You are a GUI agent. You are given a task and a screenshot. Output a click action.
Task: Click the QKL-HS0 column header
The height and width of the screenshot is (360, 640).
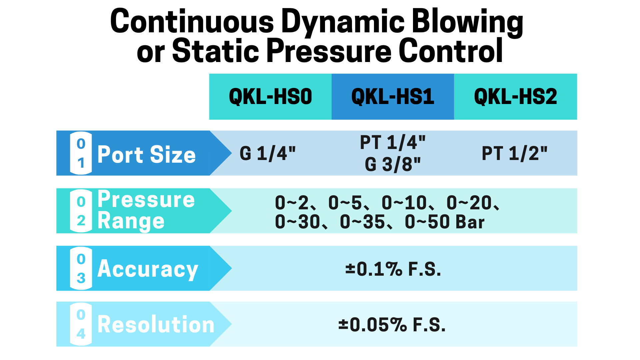pos(270,97)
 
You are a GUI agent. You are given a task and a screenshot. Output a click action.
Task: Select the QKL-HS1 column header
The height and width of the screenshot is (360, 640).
pos(393,97)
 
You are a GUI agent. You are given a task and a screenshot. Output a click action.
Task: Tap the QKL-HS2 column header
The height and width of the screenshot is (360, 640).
pos(515,97)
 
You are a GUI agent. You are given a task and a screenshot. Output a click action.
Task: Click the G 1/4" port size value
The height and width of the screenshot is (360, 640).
pos(268,153)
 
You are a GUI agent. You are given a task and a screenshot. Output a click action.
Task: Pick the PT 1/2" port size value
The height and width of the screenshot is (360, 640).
pos(515,153)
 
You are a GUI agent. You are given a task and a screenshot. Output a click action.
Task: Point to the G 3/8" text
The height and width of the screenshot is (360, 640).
pos(393,164)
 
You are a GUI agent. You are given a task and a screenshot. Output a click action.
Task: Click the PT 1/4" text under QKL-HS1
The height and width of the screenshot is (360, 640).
pos(393,142)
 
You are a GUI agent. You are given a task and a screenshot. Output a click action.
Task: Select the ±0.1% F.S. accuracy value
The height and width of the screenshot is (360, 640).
pos(393,269)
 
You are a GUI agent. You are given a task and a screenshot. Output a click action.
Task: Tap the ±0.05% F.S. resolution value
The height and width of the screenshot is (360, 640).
pos(392,325)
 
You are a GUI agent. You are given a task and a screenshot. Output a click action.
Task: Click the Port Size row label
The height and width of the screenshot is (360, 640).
pos(146,154)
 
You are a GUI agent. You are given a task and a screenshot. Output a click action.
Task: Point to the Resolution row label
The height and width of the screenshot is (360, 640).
pos(156,324)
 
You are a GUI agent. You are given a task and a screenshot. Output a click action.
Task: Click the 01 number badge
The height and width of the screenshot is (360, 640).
pos(81,153)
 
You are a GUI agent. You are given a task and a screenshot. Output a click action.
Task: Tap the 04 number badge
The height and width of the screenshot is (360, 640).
pos(81,324)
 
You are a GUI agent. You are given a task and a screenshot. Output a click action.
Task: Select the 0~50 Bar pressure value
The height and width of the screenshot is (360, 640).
pos(445,222)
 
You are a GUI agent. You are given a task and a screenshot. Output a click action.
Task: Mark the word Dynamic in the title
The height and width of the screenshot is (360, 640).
pos(343,22)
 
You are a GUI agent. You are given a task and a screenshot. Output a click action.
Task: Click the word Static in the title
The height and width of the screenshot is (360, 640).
pos(215,51)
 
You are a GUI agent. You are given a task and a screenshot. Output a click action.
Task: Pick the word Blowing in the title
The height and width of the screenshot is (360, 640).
pos(467,22)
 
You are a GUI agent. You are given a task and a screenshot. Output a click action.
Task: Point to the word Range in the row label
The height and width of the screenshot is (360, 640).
pos(131,221)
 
